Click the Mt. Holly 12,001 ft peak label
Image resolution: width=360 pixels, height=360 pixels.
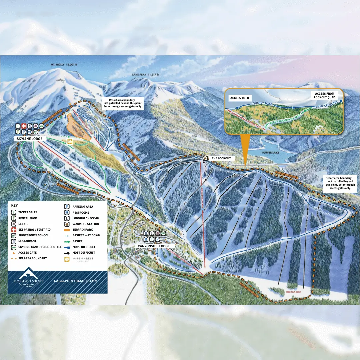(x=64, y=65)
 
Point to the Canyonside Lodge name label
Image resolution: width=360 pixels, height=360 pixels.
(x=154, y=246)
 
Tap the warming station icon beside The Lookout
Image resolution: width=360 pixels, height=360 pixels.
(x=206, y=158)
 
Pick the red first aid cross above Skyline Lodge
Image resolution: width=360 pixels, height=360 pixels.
(x=24, y=126)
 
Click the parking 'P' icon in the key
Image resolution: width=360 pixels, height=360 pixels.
(x=67, y=207)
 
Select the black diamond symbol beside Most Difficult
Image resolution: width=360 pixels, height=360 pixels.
(x=66, y=253)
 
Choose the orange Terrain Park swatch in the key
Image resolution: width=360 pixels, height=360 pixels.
(x=67, y=230)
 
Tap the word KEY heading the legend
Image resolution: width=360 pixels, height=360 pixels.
(x=14, y=206)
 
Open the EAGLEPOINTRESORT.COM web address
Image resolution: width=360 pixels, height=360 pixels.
(x=76, y=281)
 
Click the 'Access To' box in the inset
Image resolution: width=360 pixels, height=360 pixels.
(x=240, y=98)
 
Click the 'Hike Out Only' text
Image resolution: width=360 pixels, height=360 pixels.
(x=293, y=292)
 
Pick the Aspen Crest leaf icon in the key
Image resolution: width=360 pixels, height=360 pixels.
(x=67, y=259)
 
